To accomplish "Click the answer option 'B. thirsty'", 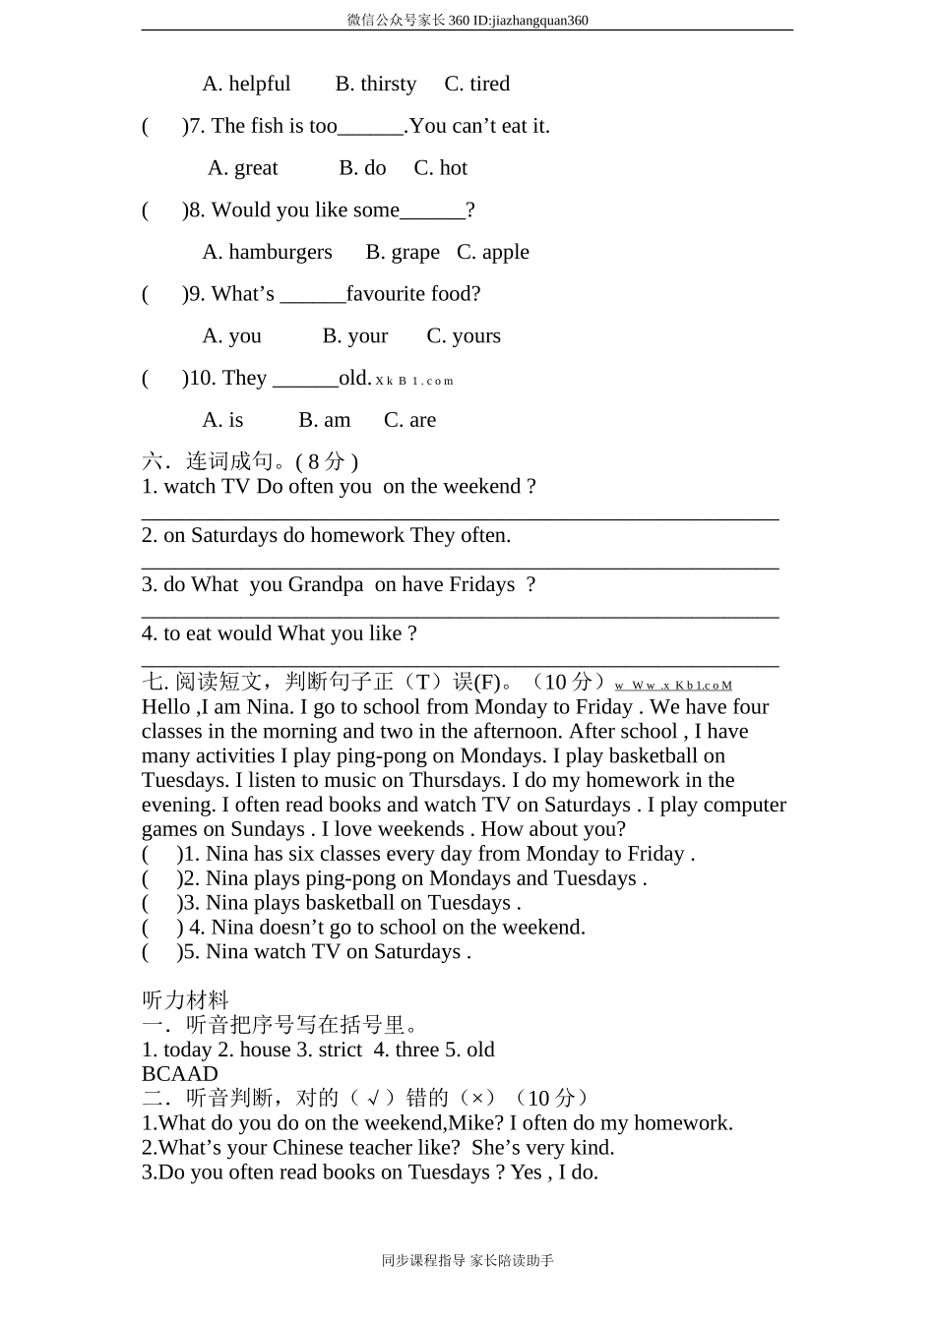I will [x=375, y=85].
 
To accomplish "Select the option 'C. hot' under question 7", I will [x=440, y=168].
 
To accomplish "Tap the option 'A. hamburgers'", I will [x=267, y=253].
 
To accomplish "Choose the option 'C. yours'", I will [x=463, y=336].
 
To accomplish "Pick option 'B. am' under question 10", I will [x=324, y=421].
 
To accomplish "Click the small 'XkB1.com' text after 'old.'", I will [x=414, y=381].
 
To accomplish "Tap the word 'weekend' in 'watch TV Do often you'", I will [x=481, y=487].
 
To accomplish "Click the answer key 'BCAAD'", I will [x=180, y=1074].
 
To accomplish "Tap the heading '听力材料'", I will [x=185, y=1000].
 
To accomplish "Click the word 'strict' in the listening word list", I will [x=340, y=1051].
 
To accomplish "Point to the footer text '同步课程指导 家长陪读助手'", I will [x=467, y=1261].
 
